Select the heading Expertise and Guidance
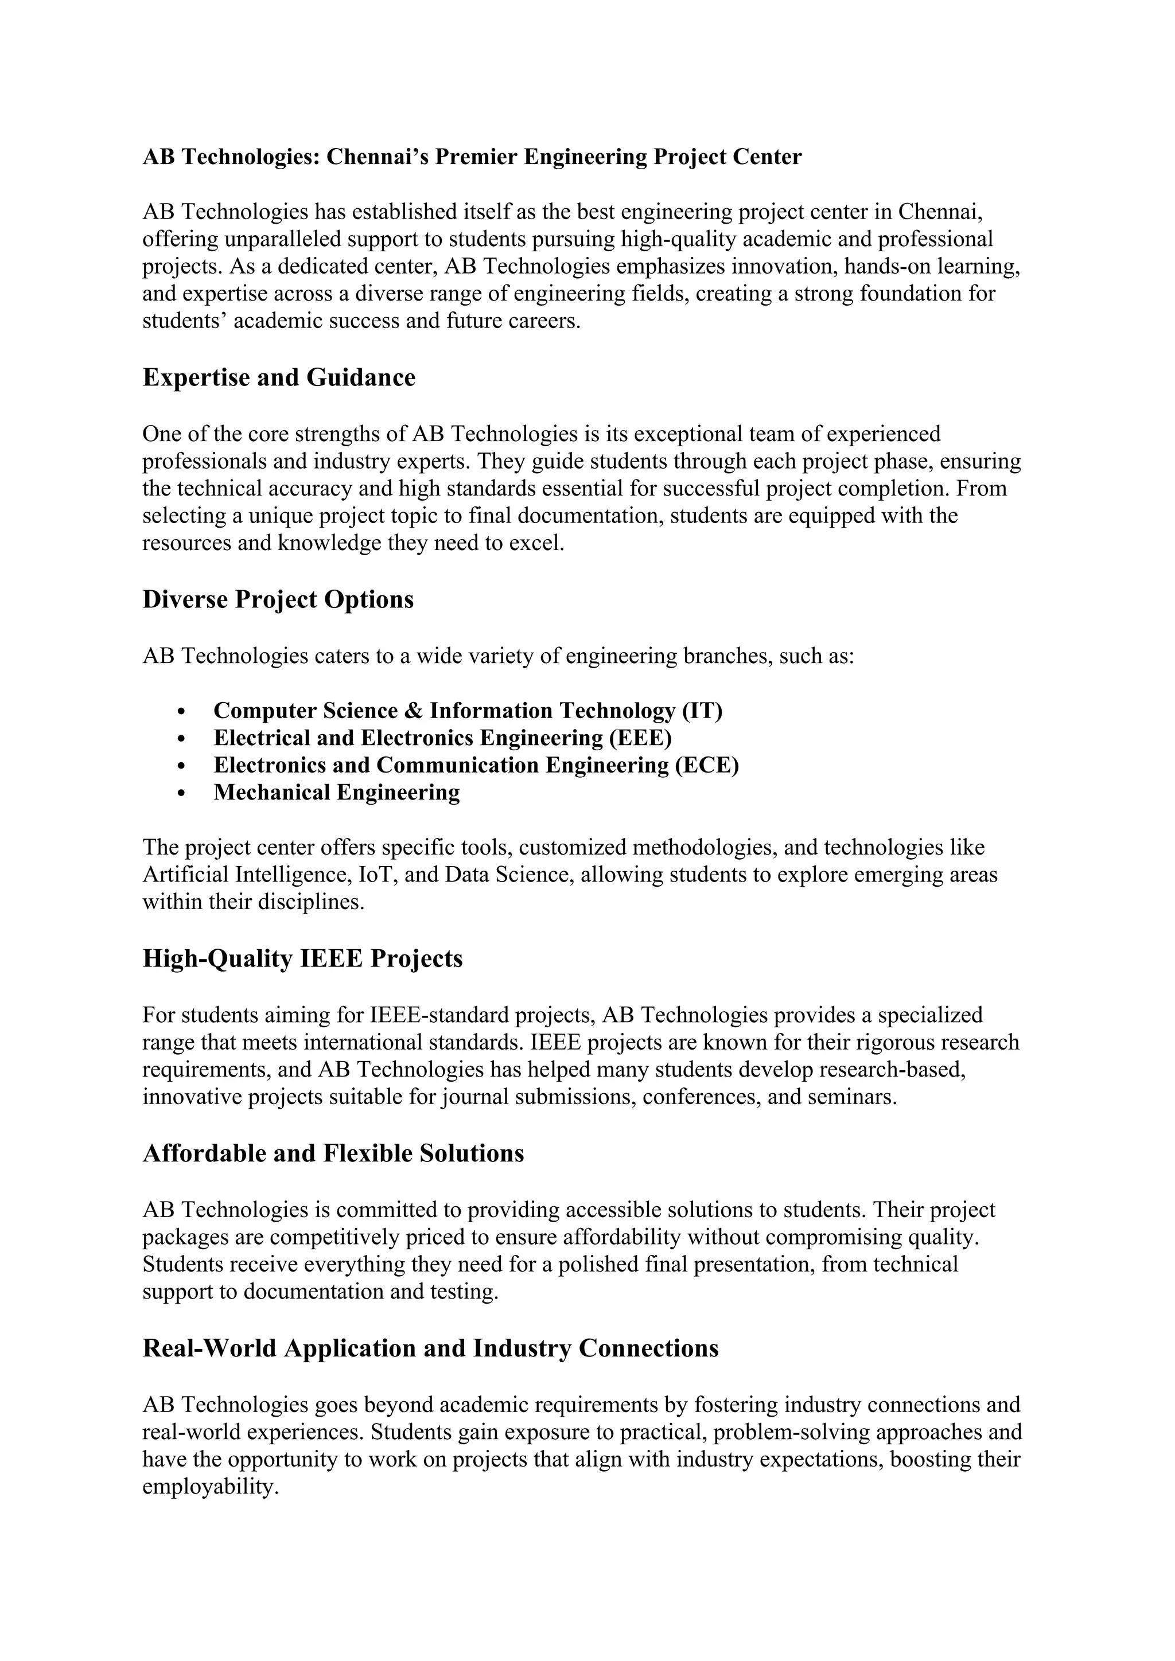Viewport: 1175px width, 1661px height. [x=279, y=377]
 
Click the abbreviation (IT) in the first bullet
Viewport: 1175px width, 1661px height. [x=702, y=711]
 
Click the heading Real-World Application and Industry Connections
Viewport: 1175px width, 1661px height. [x=430, y=1348]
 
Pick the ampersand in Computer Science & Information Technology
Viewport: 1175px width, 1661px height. [x=413, y=711]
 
